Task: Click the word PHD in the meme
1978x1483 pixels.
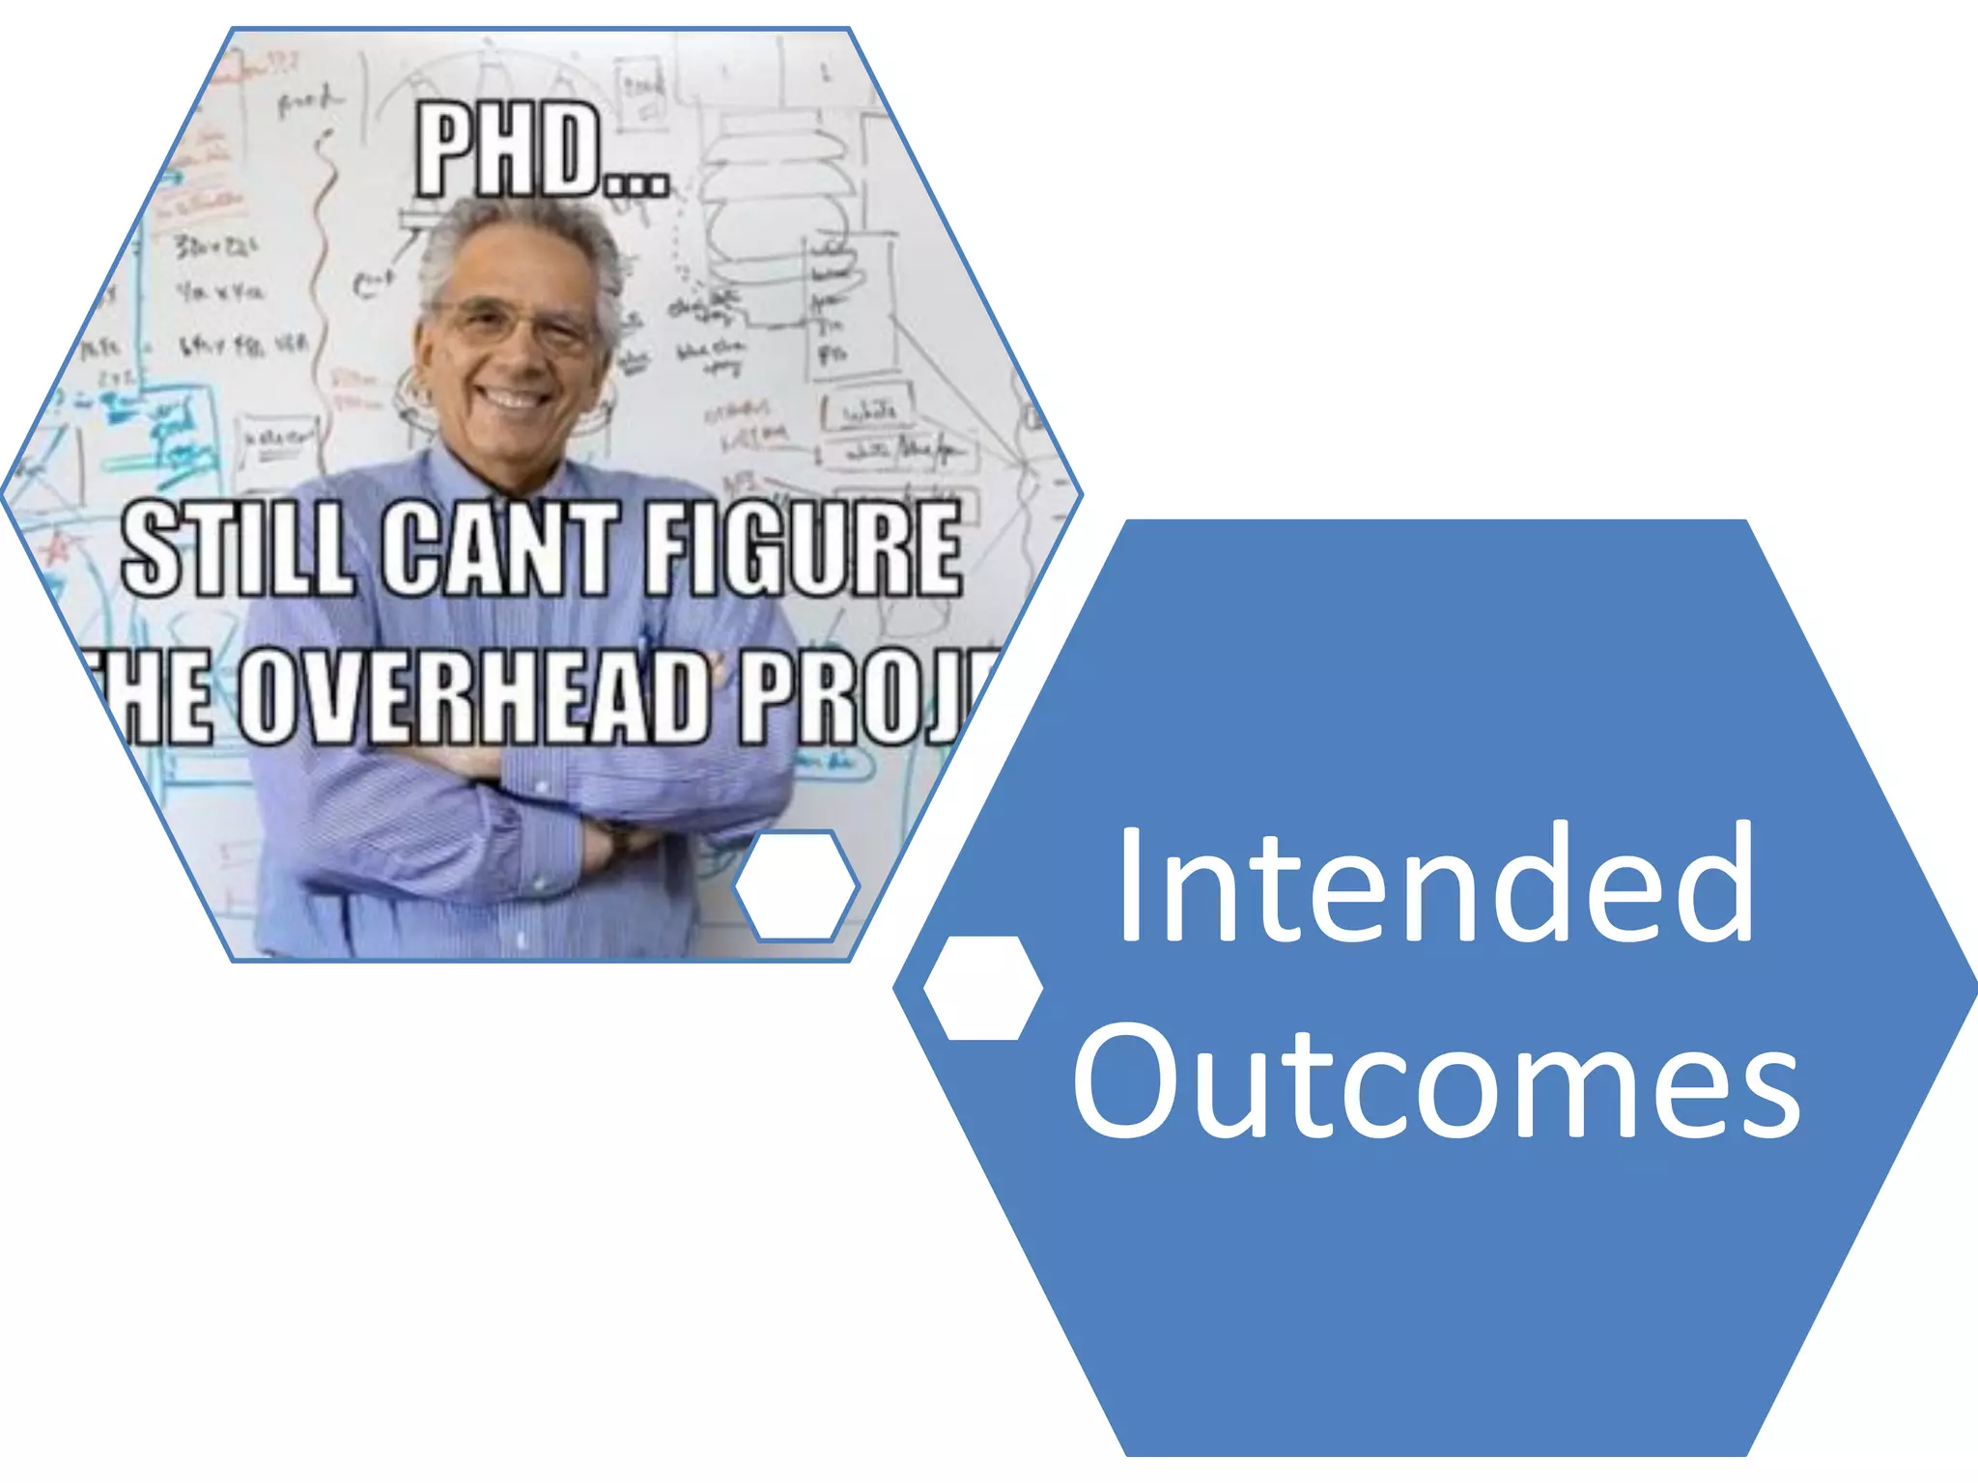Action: point(507,152)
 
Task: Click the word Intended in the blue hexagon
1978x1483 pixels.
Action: point(1435,883)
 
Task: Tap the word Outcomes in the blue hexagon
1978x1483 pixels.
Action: point(1435,1081)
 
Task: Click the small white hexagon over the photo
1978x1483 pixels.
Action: point(796,885)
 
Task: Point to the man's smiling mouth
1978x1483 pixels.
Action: point(512,398)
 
